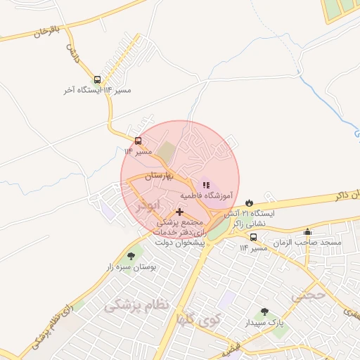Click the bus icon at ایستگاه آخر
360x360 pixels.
pos(96,79)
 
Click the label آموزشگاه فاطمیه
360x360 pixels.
pos(205,195)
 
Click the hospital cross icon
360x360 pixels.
pos(179,211)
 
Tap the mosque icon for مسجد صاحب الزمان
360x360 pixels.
pos(307,231)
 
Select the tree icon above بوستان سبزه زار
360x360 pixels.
pos(130,256)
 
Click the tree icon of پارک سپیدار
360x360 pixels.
pos(264,311)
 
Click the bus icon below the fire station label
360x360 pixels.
pos(253,237)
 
